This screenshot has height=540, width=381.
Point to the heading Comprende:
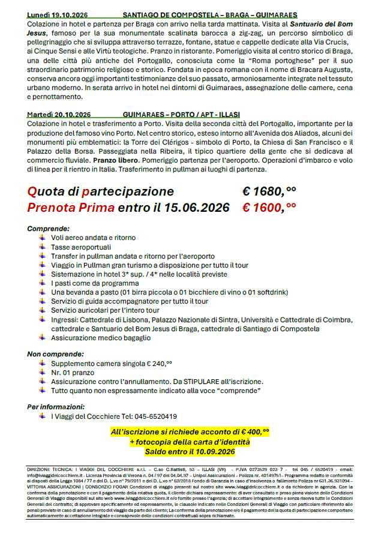[x=48, y=229]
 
